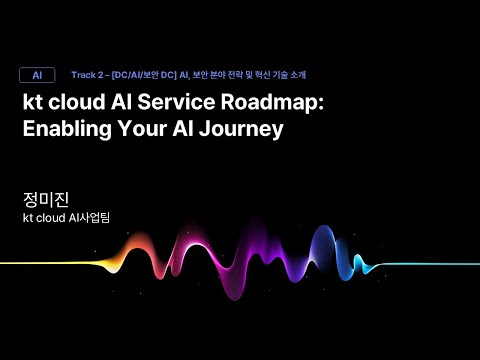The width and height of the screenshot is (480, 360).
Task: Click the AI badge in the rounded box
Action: [x=37, y=75]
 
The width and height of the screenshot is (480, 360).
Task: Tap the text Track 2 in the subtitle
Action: [x=89, y=75]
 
